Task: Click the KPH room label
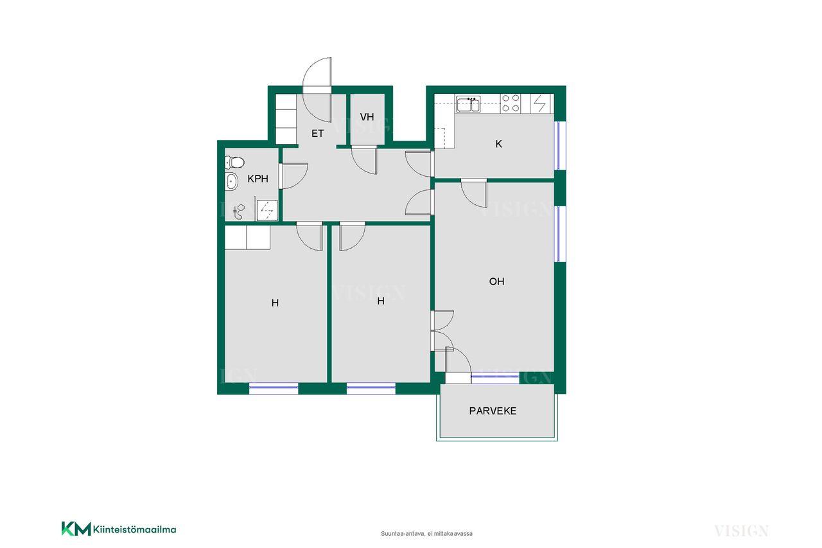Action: (x=258, y=179)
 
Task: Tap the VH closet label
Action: (x=367, y=117)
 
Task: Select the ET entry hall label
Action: (x=317, y=134)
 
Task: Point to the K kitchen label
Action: (x=498, y=144)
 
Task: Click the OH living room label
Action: (x=496, y=281)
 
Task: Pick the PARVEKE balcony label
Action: (x=493, y=411)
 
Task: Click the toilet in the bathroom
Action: (x=234, y=162)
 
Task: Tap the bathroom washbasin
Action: (x=232, y=181)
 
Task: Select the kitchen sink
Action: (x=468, y=104)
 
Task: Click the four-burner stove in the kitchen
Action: (x=511, y=103)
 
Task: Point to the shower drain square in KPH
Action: (x=267, y=210)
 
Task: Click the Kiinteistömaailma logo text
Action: (x=134, y=529)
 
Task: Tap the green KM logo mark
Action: (x=76, y=529)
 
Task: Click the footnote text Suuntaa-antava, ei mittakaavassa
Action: (x=426, y=534)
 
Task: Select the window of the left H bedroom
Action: (x=274, y=387)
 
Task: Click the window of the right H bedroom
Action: (x=371, y=387)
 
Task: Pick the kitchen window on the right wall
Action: (x=559, y=146)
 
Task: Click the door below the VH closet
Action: (x=364, y=160)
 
